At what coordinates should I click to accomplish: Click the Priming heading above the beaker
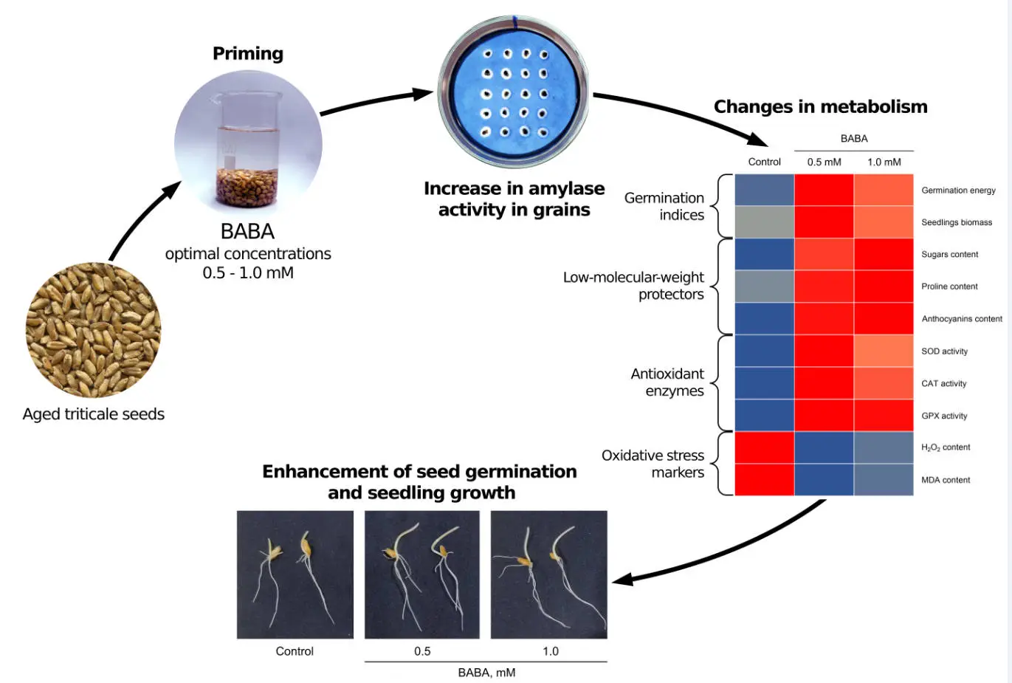coord(248,54)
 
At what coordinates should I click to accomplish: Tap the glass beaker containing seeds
coord(247,148)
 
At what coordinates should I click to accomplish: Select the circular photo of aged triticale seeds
coord(94,330)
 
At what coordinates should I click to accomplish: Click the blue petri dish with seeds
coord(514,92)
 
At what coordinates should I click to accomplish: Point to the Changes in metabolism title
coord(820,107)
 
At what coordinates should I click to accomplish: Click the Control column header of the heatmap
coord(764,162)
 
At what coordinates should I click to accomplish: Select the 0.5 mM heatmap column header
coord(824,162)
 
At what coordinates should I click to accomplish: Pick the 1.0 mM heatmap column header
coord(884,162)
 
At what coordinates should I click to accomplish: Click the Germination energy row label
coord(958,191)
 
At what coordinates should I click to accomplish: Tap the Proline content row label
coord(949,286)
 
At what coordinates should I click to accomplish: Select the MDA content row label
coord(946,480)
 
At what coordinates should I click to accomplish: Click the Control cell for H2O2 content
coord(764,447)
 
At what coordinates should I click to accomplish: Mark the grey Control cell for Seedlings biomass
coord(764,222)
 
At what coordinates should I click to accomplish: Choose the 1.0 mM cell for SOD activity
coord(884,351)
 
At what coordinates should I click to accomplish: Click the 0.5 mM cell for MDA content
coord(824,480)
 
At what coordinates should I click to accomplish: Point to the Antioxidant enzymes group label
coord(667,382)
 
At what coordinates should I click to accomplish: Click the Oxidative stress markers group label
coord(653,464)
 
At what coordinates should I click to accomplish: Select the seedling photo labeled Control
coord(295,574)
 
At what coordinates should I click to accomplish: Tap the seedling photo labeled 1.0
coord(548,574)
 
